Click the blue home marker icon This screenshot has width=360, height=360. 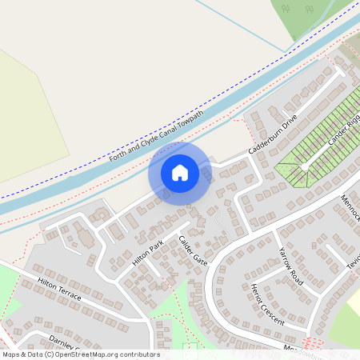180,173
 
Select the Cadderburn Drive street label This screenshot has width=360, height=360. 273,133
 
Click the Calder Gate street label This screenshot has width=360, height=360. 193,251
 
